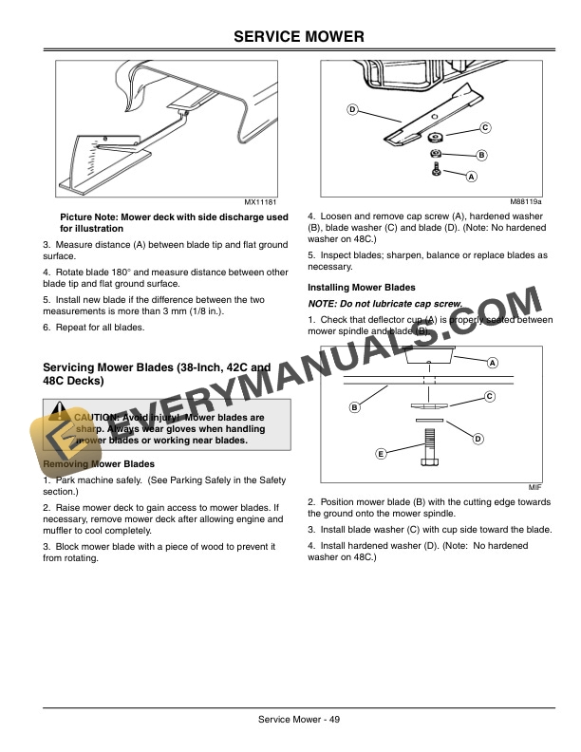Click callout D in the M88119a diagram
(x=352, y=111)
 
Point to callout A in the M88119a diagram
(x=472, y=177)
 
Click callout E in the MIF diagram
(x=381, y=453)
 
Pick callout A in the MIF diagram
(x=493, y=363)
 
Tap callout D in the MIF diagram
(x=478, y=438)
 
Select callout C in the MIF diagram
(x=489, y=396)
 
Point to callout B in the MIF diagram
(x=354, y=407)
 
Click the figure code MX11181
(x=260, y=202)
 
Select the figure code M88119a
(x=525, y=202)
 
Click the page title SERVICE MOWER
(x=290, y=36)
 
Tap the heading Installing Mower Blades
(x=361, y=287)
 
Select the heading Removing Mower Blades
(x=100, y=464)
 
